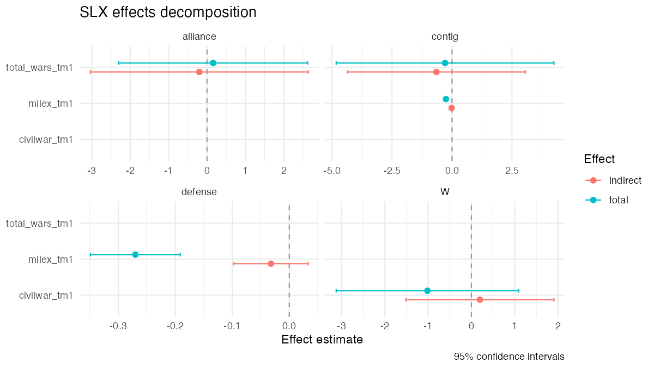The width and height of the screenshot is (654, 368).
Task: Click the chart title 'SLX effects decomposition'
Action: [x=168, y=13]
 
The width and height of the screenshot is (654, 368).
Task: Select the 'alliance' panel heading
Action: [x=199, y=37]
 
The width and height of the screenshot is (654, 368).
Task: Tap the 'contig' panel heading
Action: [x=445, y=37]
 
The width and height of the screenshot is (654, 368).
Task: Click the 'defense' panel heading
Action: [x=199, y=192]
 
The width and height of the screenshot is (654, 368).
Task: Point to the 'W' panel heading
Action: [x=445, y=192]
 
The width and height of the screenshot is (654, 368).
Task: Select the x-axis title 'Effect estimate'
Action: [x=322, y=340]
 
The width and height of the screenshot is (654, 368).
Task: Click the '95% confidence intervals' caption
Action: [x=508, y=357]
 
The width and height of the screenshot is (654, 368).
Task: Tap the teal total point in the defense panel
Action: [x=135, y=255]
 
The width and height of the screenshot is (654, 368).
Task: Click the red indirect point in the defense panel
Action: [x=271, y=263]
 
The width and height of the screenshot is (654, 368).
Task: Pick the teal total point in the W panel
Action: [x=427, y=291]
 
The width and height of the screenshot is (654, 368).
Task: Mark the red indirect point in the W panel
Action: [x=480, y=299]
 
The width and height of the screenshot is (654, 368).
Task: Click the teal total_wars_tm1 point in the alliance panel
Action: [x=213, y=63]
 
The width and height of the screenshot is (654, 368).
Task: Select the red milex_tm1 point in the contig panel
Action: [x=451, y=108]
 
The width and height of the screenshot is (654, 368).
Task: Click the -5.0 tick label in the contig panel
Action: [x=331, y=171]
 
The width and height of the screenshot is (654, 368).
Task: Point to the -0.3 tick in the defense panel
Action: [x=118, y=326]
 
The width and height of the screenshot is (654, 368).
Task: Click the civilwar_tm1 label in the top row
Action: [x=46, y=140]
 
